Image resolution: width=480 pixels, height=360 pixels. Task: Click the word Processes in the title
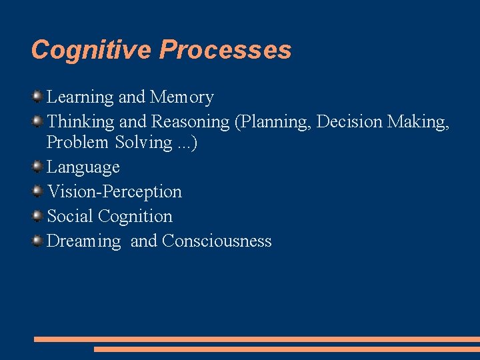coord(226,50)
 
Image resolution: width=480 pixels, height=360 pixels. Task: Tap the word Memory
coord(182,97)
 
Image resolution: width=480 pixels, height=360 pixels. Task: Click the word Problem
coord(76,142)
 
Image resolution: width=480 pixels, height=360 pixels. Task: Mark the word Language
coord(83,167)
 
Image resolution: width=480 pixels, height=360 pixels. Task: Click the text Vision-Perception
coord(114,191)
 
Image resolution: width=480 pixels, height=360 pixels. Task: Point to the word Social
coord(70,216)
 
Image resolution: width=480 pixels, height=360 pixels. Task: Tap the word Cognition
coord(135,216)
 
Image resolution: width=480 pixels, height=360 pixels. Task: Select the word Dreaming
coord(84,241)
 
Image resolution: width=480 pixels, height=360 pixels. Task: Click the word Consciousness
coord(217,241)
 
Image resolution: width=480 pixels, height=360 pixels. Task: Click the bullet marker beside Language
coord(37,167)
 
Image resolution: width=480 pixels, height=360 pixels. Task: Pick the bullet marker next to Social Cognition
coord(37,216)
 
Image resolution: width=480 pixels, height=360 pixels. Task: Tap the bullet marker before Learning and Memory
coord(37,97)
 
